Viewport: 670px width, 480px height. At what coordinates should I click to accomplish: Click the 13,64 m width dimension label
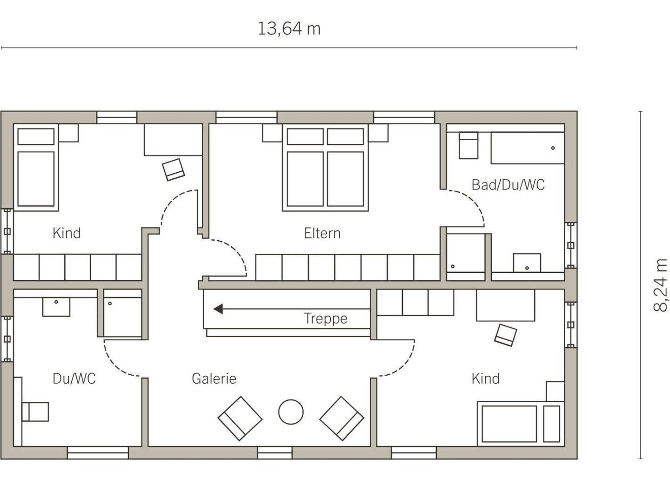click(289, 29)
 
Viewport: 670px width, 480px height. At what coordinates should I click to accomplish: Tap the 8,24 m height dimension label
click(660, 285)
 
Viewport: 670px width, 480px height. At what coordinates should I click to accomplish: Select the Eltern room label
click(322, 233)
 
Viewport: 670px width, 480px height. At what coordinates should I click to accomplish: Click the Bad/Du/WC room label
click(508, 185)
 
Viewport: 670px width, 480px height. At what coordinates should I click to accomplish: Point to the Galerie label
click(214, 379)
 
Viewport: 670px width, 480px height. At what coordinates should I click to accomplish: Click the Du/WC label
click(74, 379)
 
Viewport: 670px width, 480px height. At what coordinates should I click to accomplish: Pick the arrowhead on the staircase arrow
click(218, 309)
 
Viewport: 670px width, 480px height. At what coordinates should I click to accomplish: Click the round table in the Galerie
click(291, 412)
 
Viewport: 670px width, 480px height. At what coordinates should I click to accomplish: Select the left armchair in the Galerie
click(240, 419)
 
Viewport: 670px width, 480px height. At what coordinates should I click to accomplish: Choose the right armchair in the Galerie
click(342, 419)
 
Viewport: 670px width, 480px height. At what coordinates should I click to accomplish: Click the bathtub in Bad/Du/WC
click(528, 148)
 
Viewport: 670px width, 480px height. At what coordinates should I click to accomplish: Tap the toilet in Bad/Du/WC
click(469, 145)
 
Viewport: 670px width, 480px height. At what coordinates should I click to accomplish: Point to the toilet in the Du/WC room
click(35, 412)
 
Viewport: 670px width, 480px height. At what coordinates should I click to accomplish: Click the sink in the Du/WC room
click(56, 307)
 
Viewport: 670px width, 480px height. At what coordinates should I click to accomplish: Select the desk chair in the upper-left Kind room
click(173, 169)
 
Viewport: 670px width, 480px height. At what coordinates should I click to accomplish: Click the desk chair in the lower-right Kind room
click(505, 335)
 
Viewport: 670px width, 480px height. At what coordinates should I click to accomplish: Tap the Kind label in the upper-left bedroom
click(67, 233)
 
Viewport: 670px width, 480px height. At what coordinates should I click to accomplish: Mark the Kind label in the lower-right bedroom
click(485, 379)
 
